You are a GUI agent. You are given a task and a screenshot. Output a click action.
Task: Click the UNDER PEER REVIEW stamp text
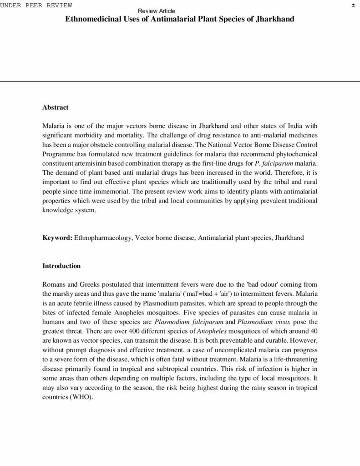(x=36, y=5)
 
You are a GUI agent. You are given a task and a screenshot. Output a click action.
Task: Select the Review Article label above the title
(x=156, y=11)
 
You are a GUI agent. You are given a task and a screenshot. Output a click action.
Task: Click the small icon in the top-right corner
(x=353, y=5)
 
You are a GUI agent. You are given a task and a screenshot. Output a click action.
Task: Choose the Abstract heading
(x=55, y=107)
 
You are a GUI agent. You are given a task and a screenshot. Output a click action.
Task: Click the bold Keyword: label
(x=57, y=238)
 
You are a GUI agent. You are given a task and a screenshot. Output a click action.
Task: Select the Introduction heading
(x=61, y=266)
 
